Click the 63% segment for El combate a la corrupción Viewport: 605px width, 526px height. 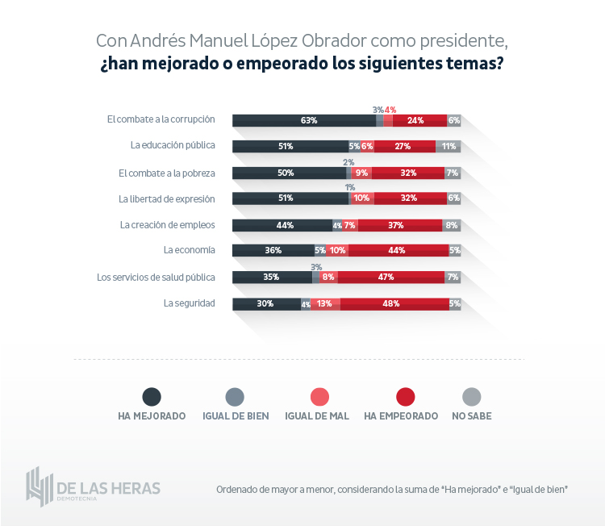click(x=304, y=120)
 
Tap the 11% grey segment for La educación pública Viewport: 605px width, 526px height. click(x=448, y=146)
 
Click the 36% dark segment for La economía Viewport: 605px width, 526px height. click(x=273, y=250)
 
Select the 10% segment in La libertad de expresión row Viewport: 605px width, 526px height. click(x=361, y=198)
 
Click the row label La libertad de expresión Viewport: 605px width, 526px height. click(x=167, y=198)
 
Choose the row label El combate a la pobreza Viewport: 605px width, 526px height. click(x=167, y=173)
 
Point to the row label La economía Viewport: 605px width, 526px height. click(x=189, y=250)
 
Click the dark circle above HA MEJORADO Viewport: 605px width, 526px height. click(x=152, y=396)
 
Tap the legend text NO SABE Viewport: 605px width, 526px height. click(x=472, y=416)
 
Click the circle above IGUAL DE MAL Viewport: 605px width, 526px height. click(x=319, y=396)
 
